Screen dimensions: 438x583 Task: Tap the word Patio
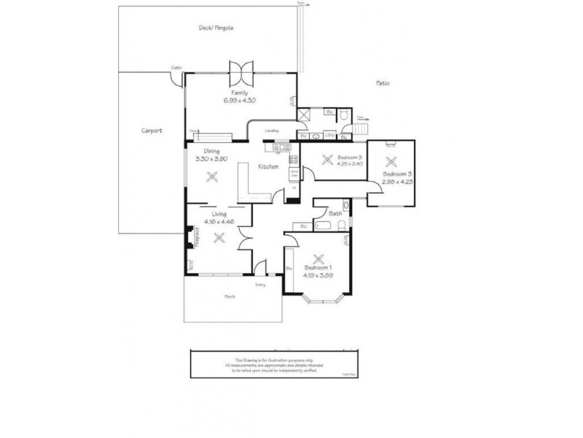[382, 83]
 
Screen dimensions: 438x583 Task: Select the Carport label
[151, 131]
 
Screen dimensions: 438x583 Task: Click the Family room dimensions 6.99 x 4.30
[240, 100]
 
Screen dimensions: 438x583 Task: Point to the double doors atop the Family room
[240, 72]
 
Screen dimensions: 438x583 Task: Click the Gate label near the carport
[176, 67]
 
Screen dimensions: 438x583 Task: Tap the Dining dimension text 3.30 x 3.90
[212, 158]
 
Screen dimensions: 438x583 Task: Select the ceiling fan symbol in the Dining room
[212, 176]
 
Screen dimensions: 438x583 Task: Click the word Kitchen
[268, 167]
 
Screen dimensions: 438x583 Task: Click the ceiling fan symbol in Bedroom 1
[318, 258]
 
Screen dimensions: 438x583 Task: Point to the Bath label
[335, 213]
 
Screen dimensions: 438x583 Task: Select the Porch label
[230, 296]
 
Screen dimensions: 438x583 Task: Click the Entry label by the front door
[261, 284]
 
